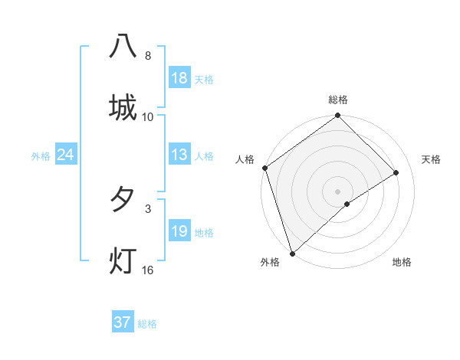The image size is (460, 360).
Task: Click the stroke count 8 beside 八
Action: click(x=148, y=56)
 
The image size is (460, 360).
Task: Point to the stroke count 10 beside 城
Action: click(x=148, y=117)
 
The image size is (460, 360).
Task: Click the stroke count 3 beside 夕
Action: click(x=148, y=208)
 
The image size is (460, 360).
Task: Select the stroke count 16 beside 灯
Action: click(x=148, y=270)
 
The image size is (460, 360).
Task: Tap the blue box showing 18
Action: click(x=179, y=78)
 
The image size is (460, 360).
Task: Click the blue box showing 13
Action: click(x=179, y=155)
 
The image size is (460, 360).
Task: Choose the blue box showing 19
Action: click(x=179, y=231)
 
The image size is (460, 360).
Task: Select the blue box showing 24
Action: click(x=66, y=155)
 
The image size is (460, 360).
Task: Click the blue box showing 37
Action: click(x=122, y=322)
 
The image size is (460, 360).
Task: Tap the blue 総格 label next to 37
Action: click(x=148, y=324)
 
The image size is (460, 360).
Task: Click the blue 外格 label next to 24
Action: click(x=41, y=156)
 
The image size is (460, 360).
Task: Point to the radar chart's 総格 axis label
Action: click(x=338, y=100)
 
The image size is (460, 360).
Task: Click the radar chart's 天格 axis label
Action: click(x=432, y=159)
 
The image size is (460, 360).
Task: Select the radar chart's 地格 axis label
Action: click(x=402, y=263)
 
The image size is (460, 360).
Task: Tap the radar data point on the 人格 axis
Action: click(x=265, y=168)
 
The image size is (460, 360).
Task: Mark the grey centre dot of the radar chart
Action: click(x=338, y=191)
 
